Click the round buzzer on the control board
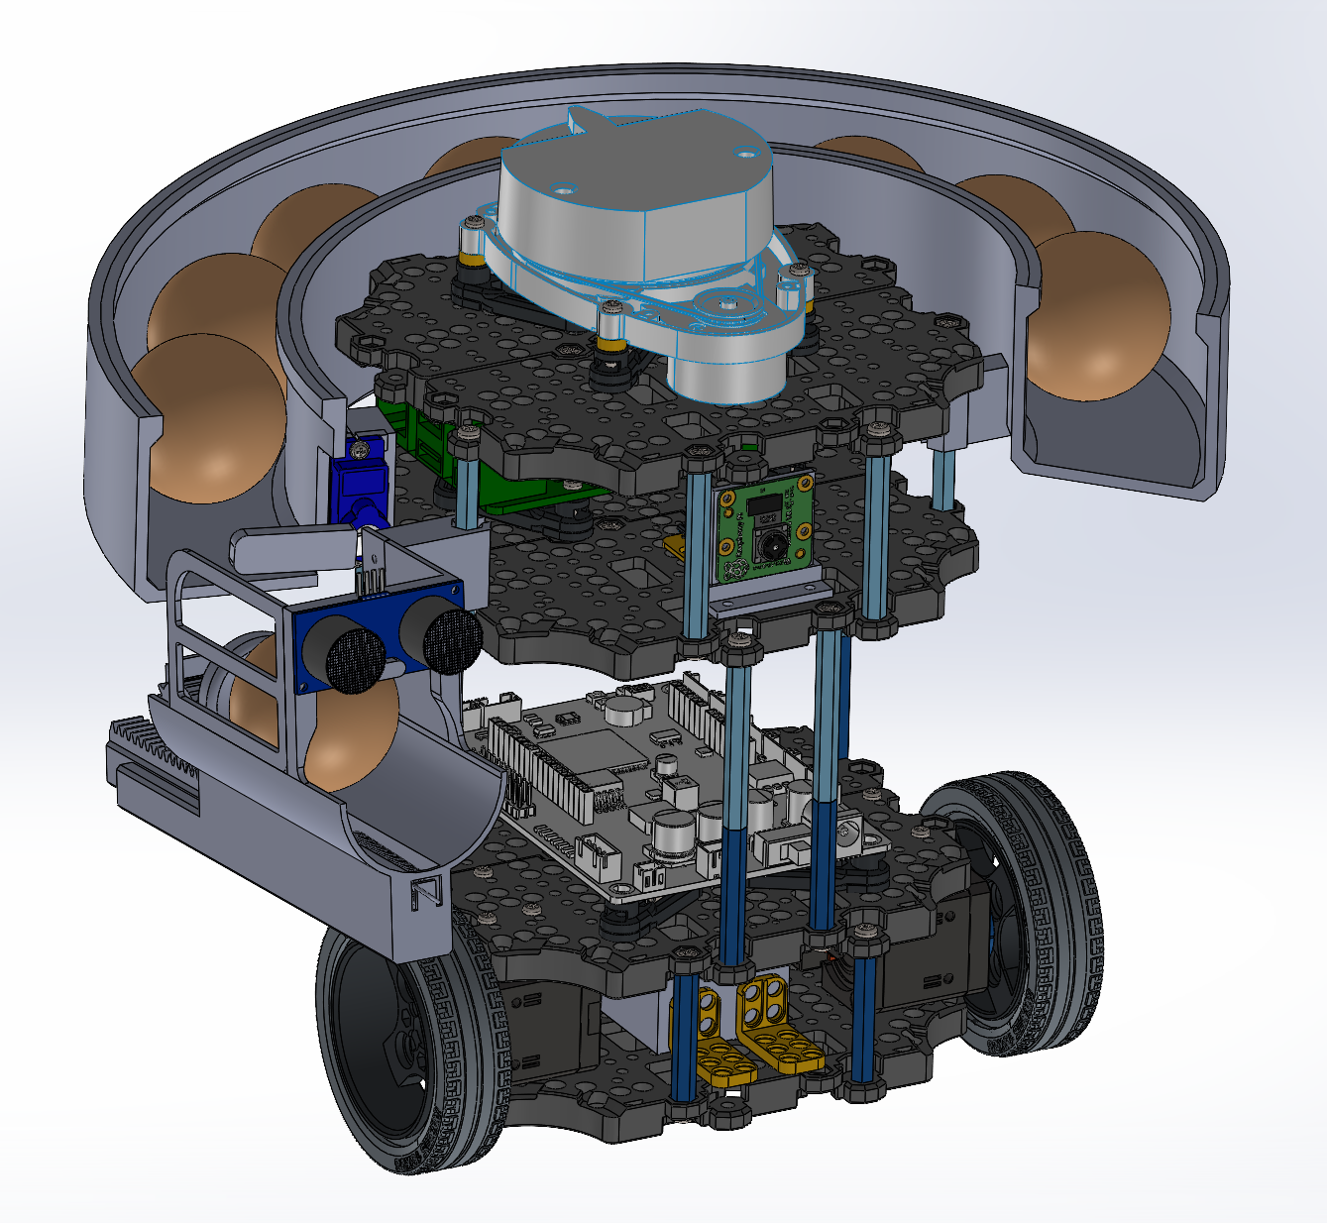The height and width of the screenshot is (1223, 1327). tap(625, 710)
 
